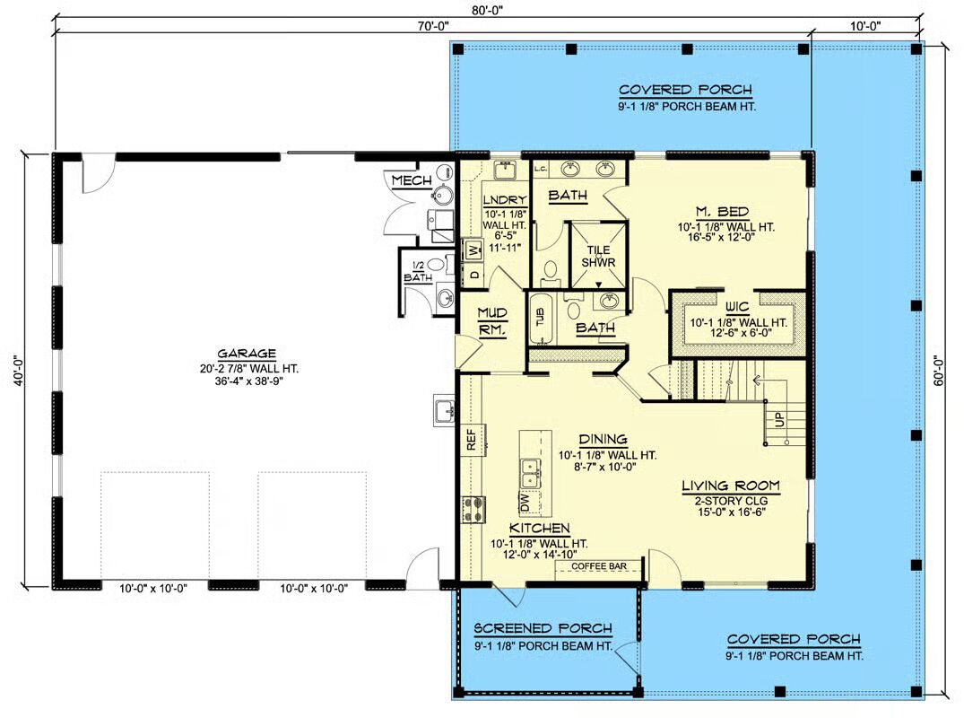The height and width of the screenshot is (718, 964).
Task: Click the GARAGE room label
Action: tap(247, 354)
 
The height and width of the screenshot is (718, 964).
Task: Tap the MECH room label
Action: tap(412, 181)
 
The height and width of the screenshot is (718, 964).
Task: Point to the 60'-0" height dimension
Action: tap(939, 371)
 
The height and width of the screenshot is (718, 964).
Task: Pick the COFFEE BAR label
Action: tap(599, 566)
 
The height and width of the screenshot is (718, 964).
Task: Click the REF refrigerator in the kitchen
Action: tap(473, 440)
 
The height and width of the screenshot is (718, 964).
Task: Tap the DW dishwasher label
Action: tap(525, 503)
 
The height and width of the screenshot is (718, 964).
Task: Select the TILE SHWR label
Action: tap(598, 256)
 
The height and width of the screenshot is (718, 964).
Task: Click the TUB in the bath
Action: tap(541, 318)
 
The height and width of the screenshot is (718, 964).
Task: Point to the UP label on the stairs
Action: tap(779, 420)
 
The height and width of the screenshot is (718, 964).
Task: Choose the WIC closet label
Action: tap(737, 307)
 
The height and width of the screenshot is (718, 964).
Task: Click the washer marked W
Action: tap(473, 250)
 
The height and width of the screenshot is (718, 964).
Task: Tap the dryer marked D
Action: tap(473, 275)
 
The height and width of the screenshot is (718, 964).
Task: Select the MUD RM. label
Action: tap(492, 321)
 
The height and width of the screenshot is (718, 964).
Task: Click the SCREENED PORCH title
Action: tap(543, 628)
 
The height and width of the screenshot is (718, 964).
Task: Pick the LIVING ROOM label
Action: tap(731, 486)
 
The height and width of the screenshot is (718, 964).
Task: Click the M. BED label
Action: tap(723, 212)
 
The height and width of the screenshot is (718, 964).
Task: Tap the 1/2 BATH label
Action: tap(418, 271)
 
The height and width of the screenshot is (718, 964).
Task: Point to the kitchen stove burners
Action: tap(473, 510)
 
